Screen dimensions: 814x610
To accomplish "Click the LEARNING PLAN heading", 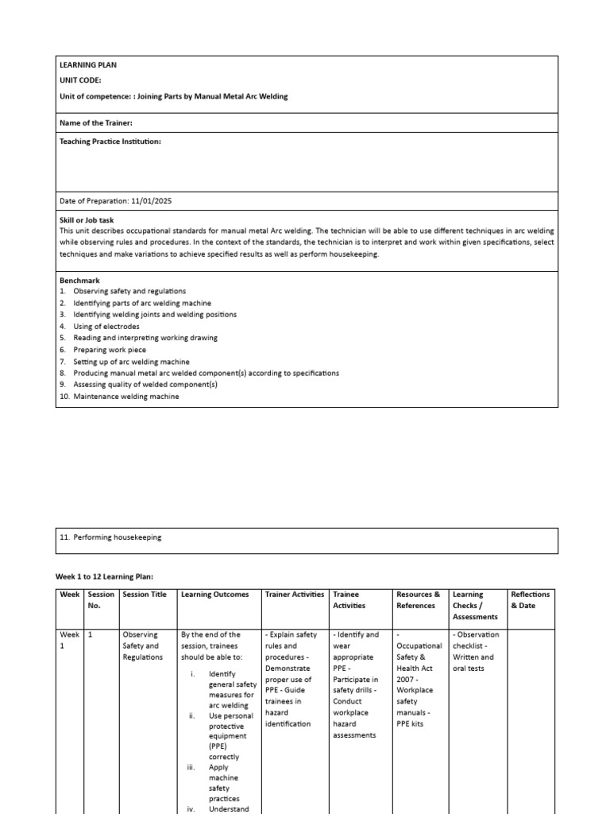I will pos(88,65).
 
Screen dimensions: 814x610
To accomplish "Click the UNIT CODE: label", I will pos(80,80).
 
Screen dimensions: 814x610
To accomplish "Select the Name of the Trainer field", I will pos(96,122).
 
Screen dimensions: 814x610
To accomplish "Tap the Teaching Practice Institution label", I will pos(110,141).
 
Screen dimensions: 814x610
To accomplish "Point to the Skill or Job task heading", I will pos(91,219).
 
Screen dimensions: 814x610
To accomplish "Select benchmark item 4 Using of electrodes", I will pos(106,327).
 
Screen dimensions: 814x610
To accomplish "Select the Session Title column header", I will pos(145,595).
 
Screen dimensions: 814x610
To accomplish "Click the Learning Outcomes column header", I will pos(214,595).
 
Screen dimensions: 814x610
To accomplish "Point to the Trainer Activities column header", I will pos(294,595).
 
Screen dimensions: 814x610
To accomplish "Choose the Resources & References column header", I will pos(418,600).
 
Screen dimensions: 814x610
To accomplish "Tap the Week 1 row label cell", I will pos(69,640).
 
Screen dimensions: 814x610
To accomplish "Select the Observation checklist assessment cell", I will pos(477,651).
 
